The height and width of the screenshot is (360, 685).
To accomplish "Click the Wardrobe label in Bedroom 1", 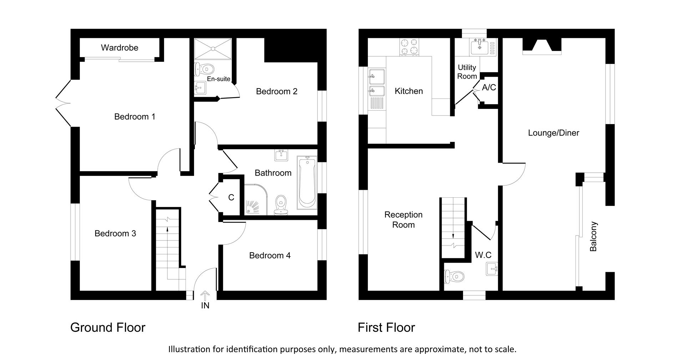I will (120, 48).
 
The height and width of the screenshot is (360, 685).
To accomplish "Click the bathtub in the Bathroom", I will (307, 182).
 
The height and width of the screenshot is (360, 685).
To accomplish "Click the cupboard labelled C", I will (231, 197).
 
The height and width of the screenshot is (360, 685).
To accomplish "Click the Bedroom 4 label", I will (270, 255).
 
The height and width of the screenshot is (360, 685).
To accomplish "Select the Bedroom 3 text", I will (115, 233).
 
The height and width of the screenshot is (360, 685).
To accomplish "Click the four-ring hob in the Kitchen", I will (410, 47).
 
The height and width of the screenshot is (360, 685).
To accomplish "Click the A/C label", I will (489, 87).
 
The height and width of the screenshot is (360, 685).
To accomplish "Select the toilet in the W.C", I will (455, 277).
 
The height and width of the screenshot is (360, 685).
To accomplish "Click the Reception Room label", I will (403, 219).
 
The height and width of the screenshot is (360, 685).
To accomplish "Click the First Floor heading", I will (386, 328).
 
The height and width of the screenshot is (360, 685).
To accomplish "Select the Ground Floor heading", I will (108, 328).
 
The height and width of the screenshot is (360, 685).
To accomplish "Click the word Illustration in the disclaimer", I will (189, 349).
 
